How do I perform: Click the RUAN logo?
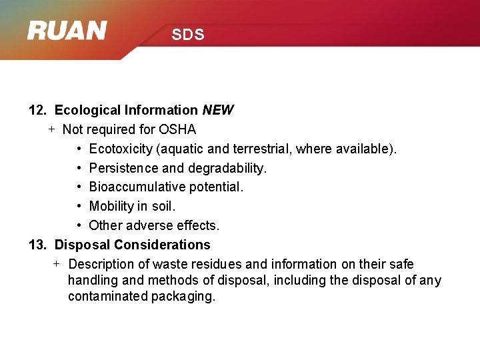(x=67, y=31)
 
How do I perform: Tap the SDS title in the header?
(x=187, y=35)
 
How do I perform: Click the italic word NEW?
(x=218, y=110)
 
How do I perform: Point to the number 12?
(x=37, y=110)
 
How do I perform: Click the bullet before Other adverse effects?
(x=79, y=225)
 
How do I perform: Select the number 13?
(x=37, y=245)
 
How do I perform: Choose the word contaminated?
(x=107, y=297)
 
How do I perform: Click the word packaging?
(x=183, y=297)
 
